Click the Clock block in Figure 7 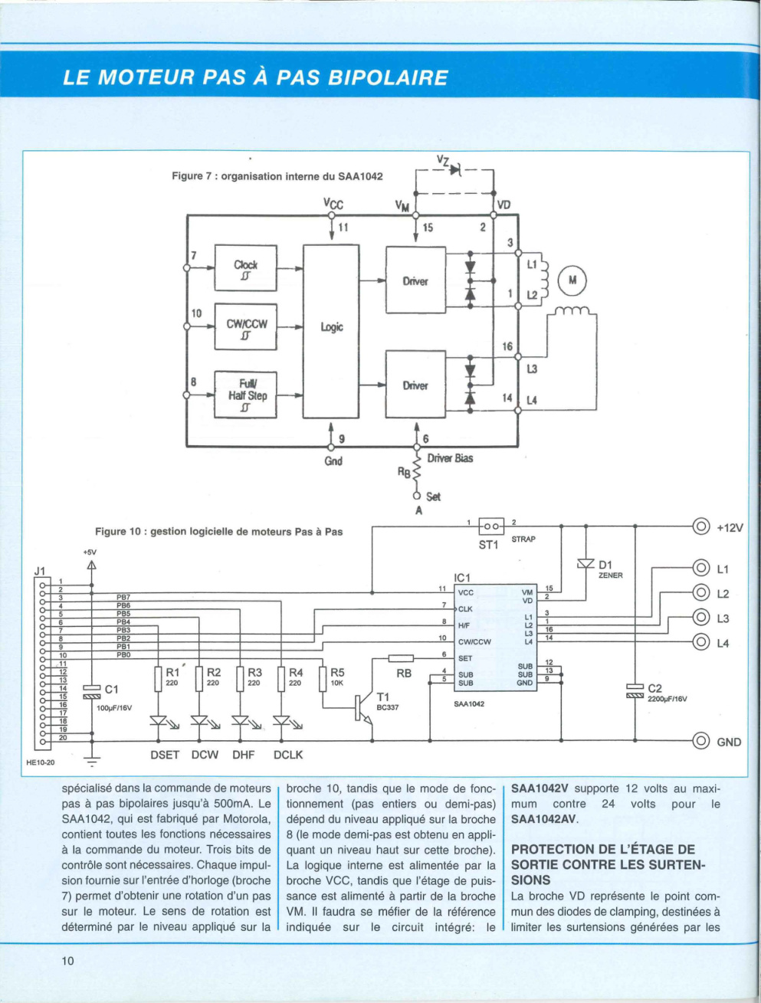pos(245,268)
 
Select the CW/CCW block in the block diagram pos(245,326)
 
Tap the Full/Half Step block pos(245,395)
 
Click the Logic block pos(331,331)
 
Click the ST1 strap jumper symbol pos(491,526)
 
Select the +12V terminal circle pos(701,527)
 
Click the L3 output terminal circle pos(701,618)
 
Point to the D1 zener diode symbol pos(586,563)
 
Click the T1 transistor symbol pos(364,708)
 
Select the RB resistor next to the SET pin pos(401,658)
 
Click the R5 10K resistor pos(323,679)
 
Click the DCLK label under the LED pos(288,755)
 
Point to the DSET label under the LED pos(165,755)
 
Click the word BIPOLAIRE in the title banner pos(388,78)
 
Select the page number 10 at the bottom pos(67,961)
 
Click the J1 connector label pos(40,571)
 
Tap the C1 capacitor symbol pos(91,692)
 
